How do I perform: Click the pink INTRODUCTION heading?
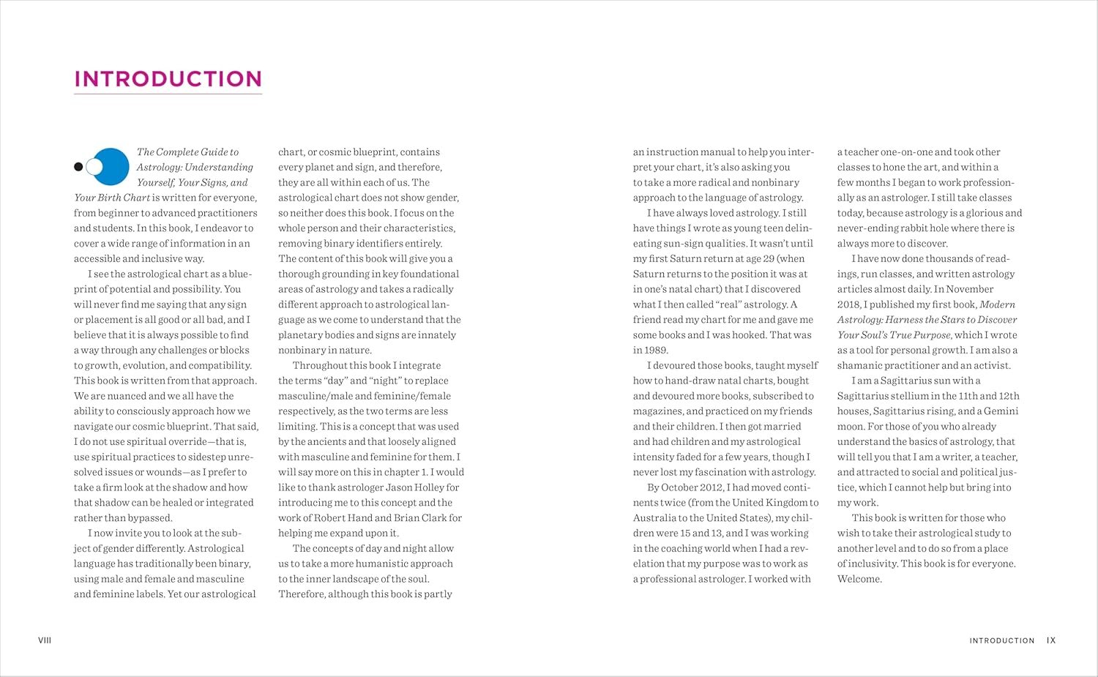pyautogui.click(x=168, y=79)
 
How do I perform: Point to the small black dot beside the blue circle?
pyautogui.click(x=78, y=167)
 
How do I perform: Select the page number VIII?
pyautogui.click(x=45, y=640)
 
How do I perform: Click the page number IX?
pyautogui.click(x=1051, y=640)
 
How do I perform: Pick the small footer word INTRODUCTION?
pyautogui.click(x=1001, y=640)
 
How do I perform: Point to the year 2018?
pyautogui.click(x=848, y=304)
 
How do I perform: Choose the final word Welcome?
pyautogui.click(x=859, y=579)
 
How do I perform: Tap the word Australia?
pyautogui.click(x=654, y=518)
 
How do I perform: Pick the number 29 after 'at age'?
pyautogui.click(x=766, y=258)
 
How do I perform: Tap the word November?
pyautogui.click(x=970, y=289)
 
